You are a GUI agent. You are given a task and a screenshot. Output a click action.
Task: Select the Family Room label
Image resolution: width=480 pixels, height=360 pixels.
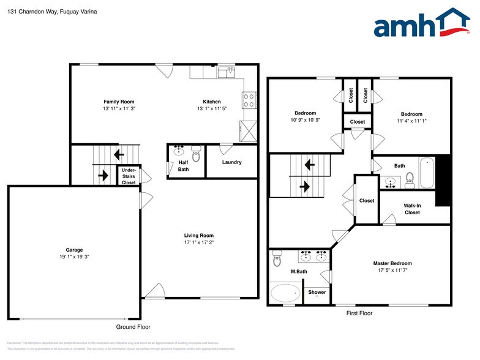click(119, 102)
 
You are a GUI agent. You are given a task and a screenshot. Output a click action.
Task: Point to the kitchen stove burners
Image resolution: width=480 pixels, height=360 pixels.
click(249, 100)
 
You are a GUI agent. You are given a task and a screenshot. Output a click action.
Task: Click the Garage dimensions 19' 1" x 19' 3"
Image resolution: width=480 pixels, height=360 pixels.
click(74, 257)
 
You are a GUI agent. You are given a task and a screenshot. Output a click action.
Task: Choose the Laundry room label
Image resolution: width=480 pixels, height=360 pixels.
click(231, 162)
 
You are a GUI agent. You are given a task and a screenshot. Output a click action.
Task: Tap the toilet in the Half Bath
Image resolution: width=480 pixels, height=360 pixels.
click(196, 151)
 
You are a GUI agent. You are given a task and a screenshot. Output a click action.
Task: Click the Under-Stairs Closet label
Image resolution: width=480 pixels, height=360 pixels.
click(129, 176)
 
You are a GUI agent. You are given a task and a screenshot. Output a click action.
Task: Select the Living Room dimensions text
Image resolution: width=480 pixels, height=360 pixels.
click(199, 242)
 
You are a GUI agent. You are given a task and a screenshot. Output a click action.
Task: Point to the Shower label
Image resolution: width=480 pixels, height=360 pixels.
click(317, 292)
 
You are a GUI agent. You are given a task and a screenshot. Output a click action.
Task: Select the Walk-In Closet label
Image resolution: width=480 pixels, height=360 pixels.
click(411, 209)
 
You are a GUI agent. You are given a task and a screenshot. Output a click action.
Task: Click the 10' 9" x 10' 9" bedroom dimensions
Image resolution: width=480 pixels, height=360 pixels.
click(305, 120)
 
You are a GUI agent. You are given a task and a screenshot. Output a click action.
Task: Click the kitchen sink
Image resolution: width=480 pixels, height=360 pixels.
click(226, 72)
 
